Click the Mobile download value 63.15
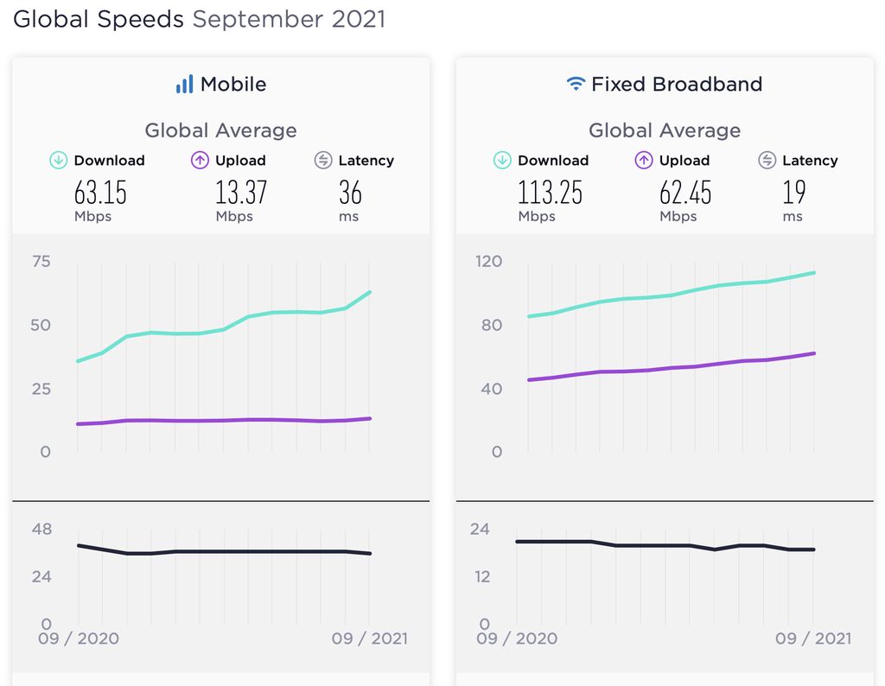tap(100, 192)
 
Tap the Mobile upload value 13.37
tap(241, 192)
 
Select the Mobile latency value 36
tap(350, 192)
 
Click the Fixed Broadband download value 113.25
tap(550, 192)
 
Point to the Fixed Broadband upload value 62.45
tap(685, 192)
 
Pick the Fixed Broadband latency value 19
tap(793, 192)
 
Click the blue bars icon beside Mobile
tap(184, 85)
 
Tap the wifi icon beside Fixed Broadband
tap(576, 85)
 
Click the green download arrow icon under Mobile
tap(59, 160)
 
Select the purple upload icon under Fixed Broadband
tap(644, 160)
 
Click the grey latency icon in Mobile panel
tap(323, 160)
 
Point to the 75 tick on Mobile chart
tap(41, 261)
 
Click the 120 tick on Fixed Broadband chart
tap(490, 261)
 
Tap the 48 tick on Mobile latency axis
tap(41, 529)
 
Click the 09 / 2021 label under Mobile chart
tap(370, 638)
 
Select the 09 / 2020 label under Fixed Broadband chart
tap(517, 638)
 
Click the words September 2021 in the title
tap(289, 19)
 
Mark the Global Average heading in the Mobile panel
tap(220, 130)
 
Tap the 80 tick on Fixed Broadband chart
tap(492, 325)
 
